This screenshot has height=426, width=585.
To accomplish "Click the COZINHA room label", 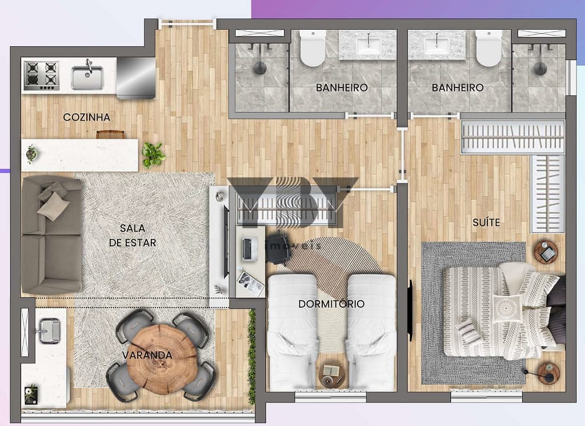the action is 87,117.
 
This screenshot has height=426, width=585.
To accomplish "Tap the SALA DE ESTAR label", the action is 133,235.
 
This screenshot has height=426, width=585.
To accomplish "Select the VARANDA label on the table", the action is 147,355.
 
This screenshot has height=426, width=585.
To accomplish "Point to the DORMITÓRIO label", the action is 331,304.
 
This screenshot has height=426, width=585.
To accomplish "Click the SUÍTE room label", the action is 486,222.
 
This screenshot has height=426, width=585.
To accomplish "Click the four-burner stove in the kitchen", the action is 41,76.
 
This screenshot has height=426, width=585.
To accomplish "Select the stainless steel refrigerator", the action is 136,78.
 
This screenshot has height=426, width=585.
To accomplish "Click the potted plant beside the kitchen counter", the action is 153,154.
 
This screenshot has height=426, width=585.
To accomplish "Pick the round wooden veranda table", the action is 162,359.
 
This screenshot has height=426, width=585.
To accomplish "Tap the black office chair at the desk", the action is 278,246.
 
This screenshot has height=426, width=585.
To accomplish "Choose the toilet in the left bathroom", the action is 312,48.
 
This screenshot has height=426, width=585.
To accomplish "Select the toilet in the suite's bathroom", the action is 489,48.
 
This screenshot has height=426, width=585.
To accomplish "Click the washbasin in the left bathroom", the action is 368,44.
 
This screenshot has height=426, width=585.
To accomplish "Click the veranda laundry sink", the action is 49,331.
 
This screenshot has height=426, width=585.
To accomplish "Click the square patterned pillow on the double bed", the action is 507,309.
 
